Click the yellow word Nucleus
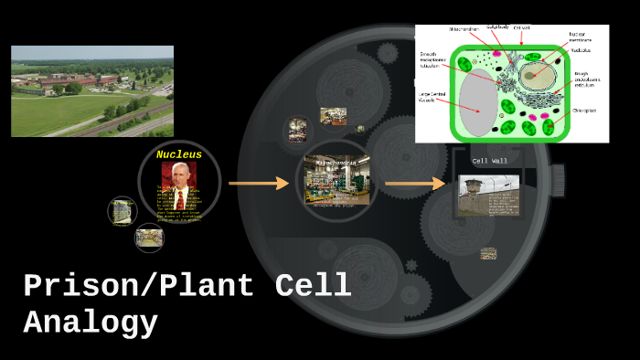(x=179, y=154)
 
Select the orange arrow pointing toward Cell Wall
(x=414, y=184)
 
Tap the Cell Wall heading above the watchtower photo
(x=489, y=162)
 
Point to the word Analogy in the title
(x=91, y=323)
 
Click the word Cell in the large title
(x=314, y=286)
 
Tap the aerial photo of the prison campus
(x=91, y=90)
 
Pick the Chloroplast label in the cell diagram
(x=584, y=111)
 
